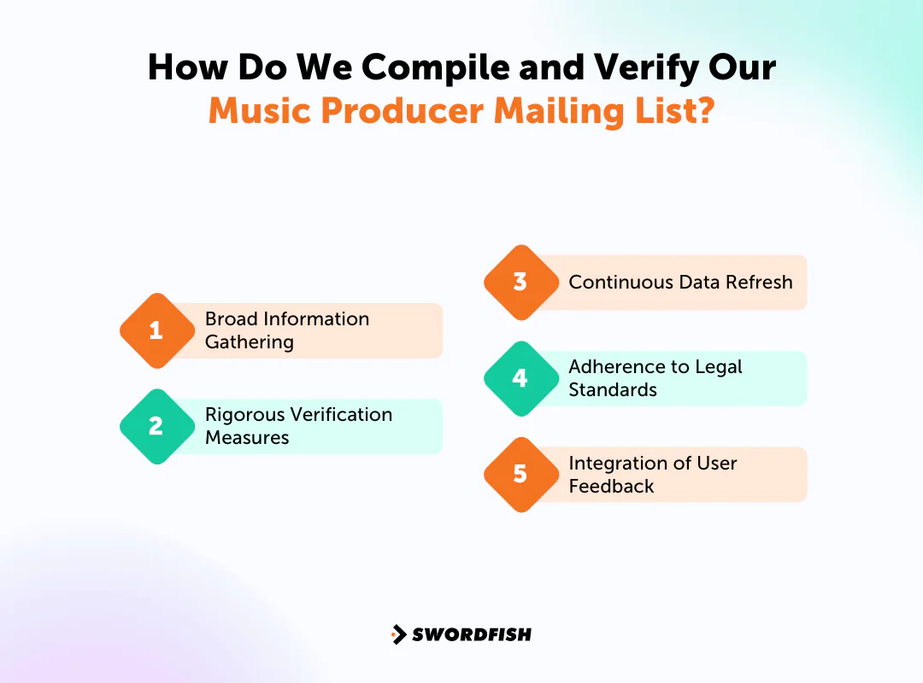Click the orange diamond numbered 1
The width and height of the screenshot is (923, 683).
tap(156, 330)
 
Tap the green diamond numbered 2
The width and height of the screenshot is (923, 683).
tap(156, 426)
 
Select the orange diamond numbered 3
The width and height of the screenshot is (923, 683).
tap(520, 283)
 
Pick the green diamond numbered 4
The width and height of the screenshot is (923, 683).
tap(520, 378)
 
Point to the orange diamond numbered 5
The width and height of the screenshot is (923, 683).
tap(520, 474)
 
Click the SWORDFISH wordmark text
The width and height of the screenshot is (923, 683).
tap(472, 634)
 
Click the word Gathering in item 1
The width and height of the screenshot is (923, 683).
tap(249, 342)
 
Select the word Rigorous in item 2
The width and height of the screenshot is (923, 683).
tap(244, 415)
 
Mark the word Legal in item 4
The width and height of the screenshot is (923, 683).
tap(719, 367)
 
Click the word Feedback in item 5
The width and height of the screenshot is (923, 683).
tap(611, 487)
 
